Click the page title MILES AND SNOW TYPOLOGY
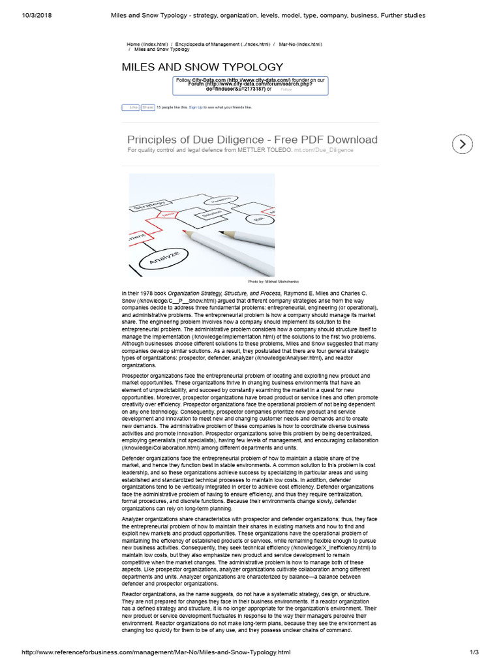click(x=202, y=67)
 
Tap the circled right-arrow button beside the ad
click(x=462, y=144)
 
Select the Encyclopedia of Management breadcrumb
click(x=222, y=44)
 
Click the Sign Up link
click(x=195, y=107)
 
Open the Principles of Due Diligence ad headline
click(x=252, y=140)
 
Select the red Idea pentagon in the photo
click(x=169, y=215)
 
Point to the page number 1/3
click(x=474, y=652)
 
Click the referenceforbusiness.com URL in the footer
click(x=156, y=652)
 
